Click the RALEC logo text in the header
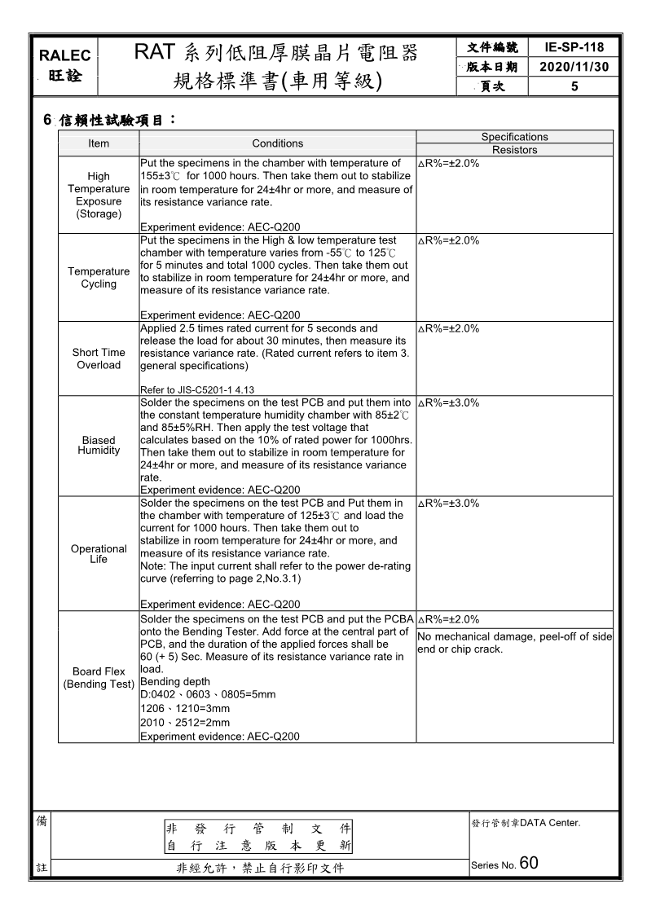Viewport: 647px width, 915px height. pyautogui.click(x=65, y=55)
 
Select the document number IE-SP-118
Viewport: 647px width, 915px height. pyautogui.click(x=574, y=48)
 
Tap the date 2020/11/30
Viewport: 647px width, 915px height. pyautogui.click(x=574, y=67)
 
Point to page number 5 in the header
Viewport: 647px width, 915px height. pyautogui.click(x=574, y=86)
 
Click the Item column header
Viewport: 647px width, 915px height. pyautogui.click(x=99, y=143)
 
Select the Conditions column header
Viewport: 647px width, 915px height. pyautogui.click(x=277, y=143)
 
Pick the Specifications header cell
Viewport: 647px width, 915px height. pyautogui.click(x=514, y=137)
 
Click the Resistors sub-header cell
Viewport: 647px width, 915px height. pyautogui.click(x=514, y=150)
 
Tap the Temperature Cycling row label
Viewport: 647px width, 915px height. pyautogui.click(x=99, y=278)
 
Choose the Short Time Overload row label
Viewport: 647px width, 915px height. pyautogui.click(x=99, y=359)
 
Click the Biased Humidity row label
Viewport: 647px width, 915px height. pyautogui.click(x=99, y=445)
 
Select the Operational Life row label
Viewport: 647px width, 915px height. pyautogui.click(x=99, y=554)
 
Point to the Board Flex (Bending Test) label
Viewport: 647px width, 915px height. pyautogui.click(x=99, y=678)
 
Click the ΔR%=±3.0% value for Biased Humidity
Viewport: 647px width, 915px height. pyautogui.click(x=448, y=403)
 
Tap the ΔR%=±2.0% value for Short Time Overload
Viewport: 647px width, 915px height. pyautogui.click(x=448, y=328)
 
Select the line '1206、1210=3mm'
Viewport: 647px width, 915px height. pyautogui.click(x=185, y=709)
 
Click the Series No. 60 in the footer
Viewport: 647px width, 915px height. pyautogui.click(x=504, y=864)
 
